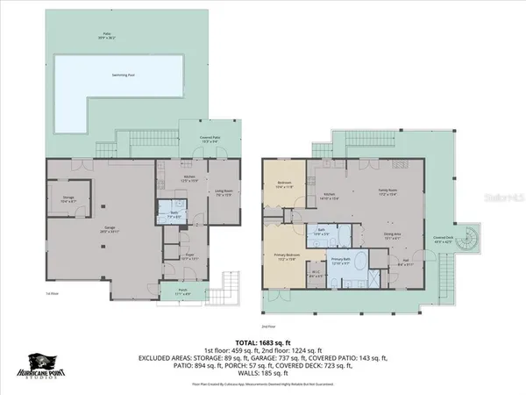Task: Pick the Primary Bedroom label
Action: pyautogui.click(x=288, y=257)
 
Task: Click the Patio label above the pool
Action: pyautogui.click(x=106, y=37)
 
